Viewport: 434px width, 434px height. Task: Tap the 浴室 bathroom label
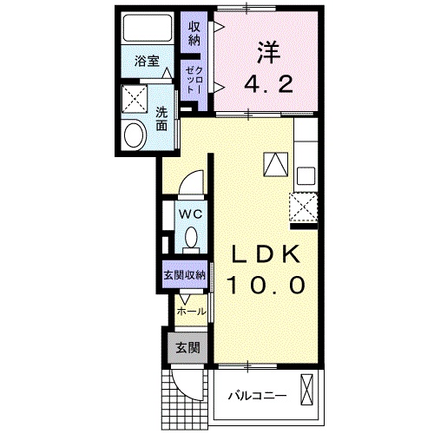(x=147, y=61)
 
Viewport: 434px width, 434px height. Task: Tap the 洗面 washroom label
(x=162, y=118)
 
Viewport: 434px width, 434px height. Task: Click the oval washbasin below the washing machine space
(x=135, y=135)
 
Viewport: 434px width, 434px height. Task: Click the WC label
(x=190, y=211)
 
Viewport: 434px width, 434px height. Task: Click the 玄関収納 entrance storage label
(x=183, y=275)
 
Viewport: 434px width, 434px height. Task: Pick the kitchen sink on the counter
(x=306, y=175)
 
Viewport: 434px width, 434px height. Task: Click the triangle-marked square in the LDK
(x=275, y=162)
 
